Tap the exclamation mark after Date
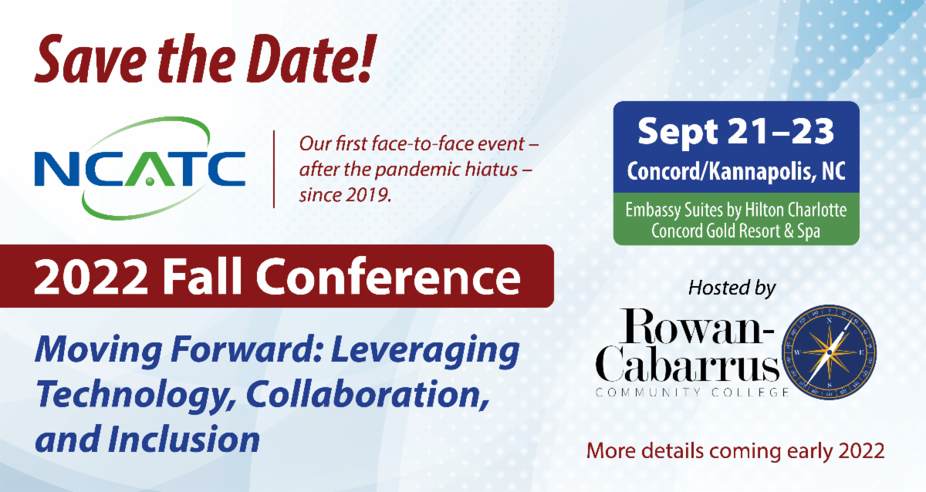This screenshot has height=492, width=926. [x=366, y=57]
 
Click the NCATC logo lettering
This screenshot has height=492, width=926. [x=140, y=169]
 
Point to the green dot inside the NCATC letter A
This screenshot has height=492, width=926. [x=150, y=181]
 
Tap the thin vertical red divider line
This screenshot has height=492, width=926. [x=274, y=169]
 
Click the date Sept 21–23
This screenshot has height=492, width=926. [x=735, y=131]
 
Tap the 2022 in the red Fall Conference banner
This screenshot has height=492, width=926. [x=91, y=276]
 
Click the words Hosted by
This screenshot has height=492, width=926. [x=732, y=288]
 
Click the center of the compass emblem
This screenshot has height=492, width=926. [x=830, y=352]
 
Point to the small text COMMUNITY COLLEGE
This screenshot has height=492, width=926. [x=692, y=392]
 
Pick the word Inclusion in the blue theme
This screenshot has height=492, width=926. [x=184, y=439]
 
